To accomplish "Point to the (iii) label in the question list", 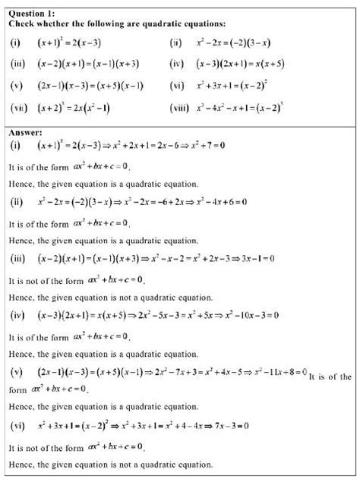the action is click(x=17, y=65).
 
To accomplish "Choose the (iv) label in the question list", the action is click(x=176, y=65).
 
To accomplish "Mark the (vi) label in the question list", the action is click(x=176, y=86).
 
